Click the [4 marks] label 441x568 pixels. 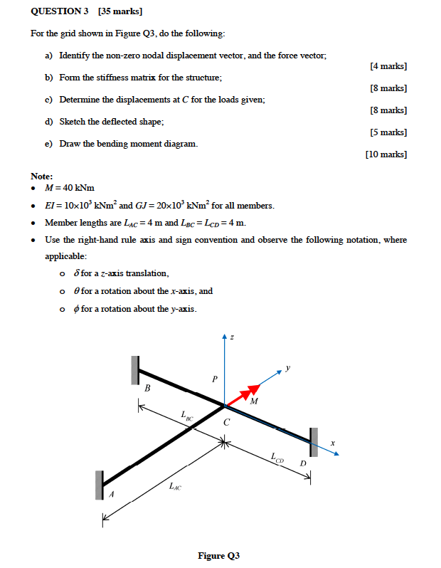[388, 66]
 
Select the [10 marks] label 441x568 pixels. [386, 154]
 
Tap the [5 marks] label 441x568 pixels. [388, 132]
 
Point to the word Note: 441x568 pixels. [42, 176]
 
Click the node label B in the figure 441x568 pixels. [147, 389]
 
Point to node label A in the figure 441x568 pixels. [110, 493]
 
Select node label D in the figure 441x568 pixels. [302, 463]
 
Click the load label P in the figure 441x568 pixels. [214, 379]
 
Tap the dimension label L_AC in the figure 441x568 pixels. [175, 487]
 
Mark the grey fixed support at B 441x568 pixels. [134, 369]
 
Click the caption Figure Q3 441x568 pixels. [219, 556]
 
